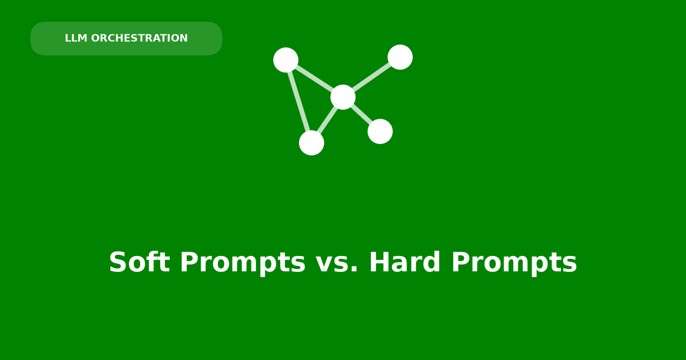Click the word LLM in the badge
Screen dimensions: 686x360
[x=76, y=38]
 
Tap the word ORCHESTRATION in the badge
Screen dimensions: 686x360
[x=139, y=38]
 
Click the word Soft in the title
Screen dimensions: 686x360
[x=139, y=262]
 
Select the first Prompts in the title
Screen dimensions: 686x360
[x=242, y=263]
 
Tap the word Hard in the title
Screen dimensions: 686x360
[x=405, y=262]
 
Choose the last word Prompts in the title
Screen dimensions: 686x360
[x=514, y=263]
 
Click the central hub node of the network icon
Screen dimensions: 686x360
[x=343, y=97]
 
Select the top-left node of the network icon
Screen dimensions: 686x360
[x=286, y=60]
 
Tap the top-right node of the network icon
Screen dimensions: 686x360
[x=400, y=57]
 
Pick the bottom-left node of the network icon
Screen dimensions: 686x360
[x=312, y=143]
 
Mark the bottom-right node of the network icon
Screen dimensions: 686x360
[x=380, y=131]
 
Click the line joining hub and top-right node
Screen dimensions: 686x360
[x=372, y=77]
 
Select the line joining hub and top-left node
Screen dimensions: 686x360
[x=314, y=79]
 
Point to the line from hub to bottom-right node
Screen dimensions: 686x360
[x=362, y=114]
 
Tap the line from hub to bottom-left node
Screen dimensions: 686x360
[x=328, y=120]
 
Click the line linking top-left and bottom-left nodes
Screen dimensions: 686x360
[x=298, y=101]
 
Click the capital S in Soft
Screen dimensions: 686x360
[x=118, y=262]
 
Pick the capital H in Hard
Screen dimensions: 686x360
[x=380, y=262]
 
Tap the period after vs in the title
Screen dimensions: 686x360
[x=354, y=269]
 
